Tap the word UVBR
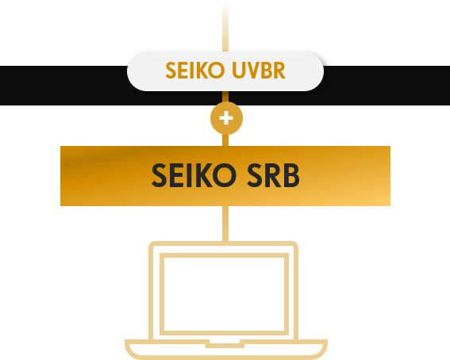(x=259, y=71)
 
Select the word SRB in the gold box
(x=273, y=175)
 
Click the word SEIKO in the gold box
(x=194, y=175)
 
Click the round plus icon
(x=226, y=118)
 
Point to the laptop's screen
(x=224, y=294)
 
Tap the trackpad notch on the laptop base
(x=225, y=343)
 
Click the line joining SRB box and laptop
(x=225, y=224)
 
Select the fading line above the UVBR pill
(x=225, y=26)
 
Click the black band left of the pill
(x=63, y=86)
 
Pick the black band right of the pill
(x=387, y=86)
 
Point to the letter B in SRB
(x=291, y=175)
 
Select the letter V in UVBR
(x=252, y=71)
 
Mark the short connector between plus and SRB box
(x=225, y=140)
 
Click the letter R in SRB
(x=273, y=175)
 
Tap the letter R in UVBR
(x=279, y=71)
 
